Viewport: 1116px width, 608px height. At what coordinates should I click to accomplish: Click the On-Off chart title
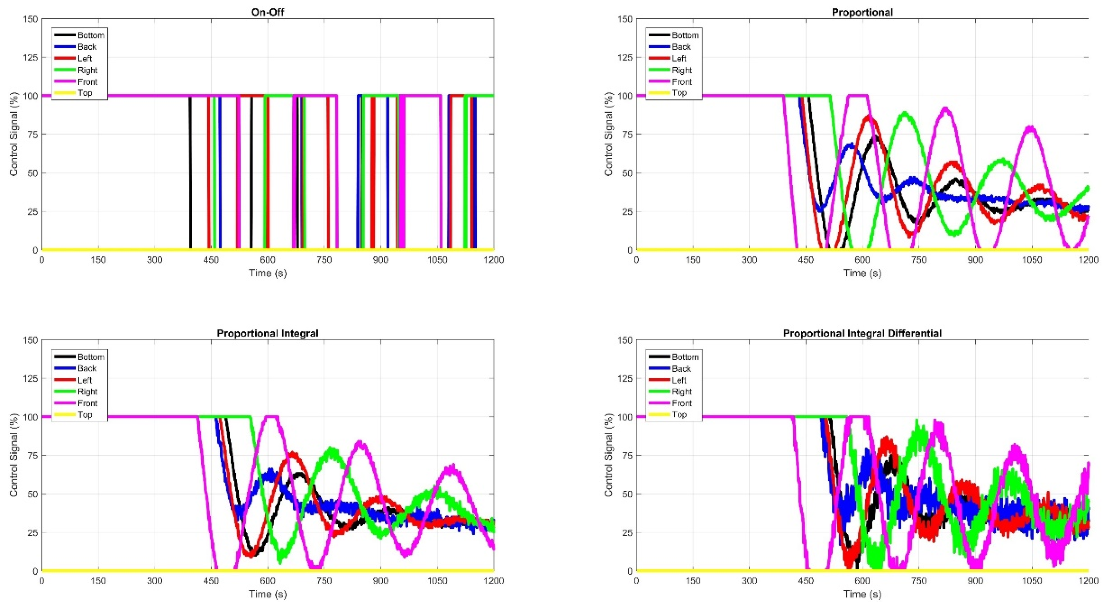coord(267,12)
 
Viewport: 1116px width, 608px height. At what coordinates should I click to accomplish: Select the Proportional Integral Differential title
coord(862,333)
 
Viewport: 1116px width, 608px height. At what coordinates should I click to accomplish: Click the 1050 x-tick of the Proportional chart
coord(1032,260)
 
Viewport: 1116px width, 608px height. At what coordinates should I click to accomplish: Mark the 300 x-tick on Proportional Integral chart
coord(155,581)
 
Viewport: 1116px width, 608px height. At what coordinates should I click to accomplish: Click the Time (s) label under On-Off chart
coord(267,273)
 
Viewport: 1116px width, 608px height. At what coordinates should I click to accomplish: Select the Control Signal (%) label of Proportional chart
coord(608,134)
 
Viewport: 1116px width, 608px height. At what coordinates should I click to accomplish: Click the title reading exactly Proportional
coord(862,12)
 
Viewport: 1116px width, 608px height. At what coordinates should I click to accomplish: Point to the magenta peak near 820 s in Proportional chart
coord(945,109)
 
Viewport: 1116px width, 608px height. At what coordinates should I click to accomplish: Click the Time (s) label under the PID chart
coord(862,594)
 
